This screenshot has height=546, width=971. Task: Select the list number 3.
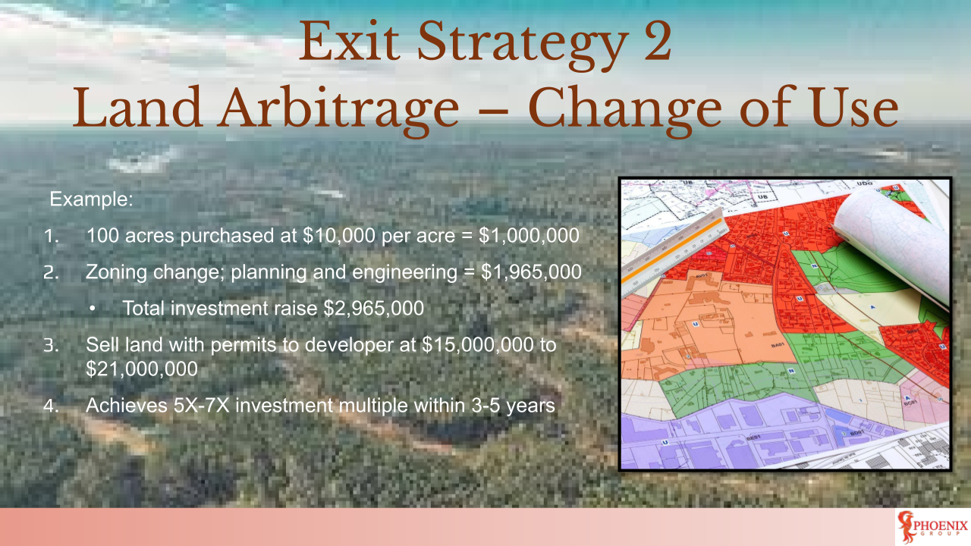click(49, 346)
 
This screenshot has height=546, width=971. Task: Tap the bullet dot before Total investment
click(93, 309)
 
